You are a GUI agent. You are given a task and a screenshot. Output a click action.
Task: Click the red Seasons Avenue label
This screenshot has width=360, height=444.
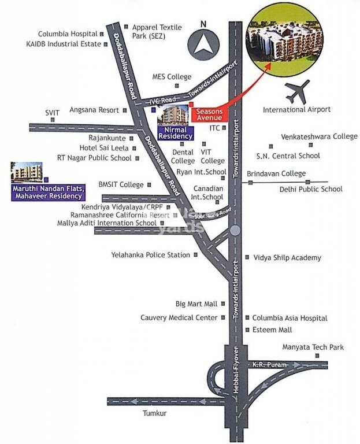pos(209,114)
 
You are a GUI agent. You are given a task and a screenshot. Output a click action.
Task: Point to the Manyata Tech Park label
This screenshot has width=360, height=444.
pos(313,347)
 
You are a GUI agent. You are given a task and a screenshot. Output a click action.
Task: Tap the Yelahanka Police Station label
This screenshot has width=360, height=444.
pos(150,255)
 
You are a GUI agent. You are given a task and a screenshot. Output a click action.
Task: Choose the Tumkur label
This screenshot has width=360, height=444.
pos(154,413)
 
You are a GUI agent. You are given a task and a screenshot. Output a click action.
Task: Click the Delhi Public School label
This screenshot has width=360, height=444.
pos(311,189)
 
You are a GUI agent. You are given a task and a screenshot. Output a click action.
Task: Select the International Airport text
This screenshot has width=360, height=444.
pos(296,109)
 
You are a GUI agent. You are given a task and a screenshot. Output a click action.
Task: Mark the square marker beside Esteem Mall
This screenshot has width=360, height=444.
pos(247,330)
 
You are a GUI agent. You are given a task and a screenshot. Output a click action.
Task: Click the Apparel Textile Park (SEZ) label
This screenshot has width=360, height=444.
pos(157,31)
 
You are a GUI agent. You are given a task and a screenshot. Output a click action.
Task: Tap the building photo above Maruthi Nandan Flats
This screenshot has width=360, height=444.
pos(26,172)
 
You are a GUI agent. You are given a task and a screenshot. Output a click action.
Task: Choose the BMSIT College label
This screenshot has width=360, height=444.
pos(121,185)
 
